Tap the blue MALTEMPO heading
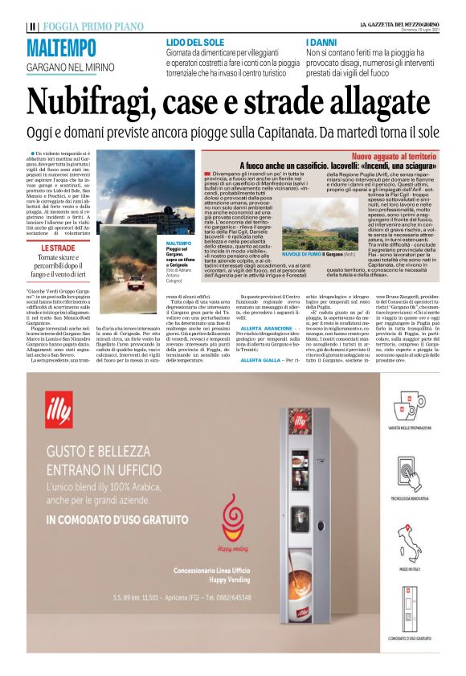[61, 48]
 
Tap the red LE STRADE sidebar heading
[58, 248]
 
